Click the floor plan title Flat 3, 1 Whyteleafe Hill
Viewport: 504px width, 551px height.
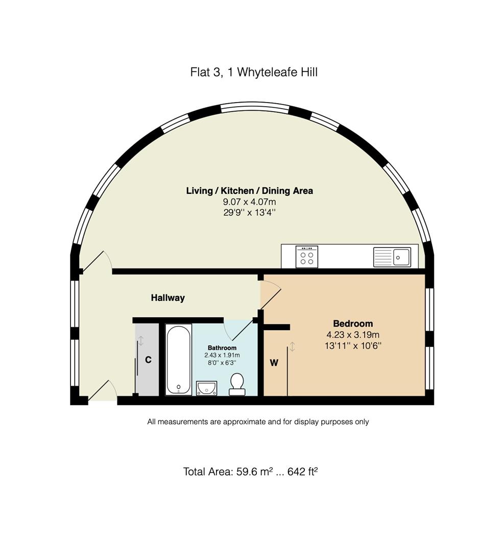(254, 72)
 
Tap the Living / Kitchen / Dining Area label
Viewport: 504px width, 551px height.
(249, 191)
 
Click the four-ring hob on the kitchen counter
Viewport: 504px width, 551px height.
(307, 256)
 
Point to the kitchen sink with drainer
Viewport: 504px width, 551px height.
(392, 257)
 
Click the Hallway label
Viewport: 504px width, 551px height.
(167, 298)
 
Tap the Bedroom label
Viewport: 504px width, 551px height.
(353, 323)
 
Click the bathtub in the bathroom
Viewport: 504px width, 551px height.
(179, 359)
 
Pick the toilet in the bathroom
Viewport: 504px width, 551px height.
(237, 384)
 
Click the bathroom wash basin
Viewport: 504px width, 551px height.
(207, 388)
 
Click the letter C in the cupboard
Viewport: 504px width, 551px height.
(148, 360)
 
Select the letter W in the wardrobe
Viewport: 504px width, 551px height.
(274, 363)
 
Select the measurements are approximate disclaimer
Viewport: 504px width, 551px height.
(258, 422)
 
